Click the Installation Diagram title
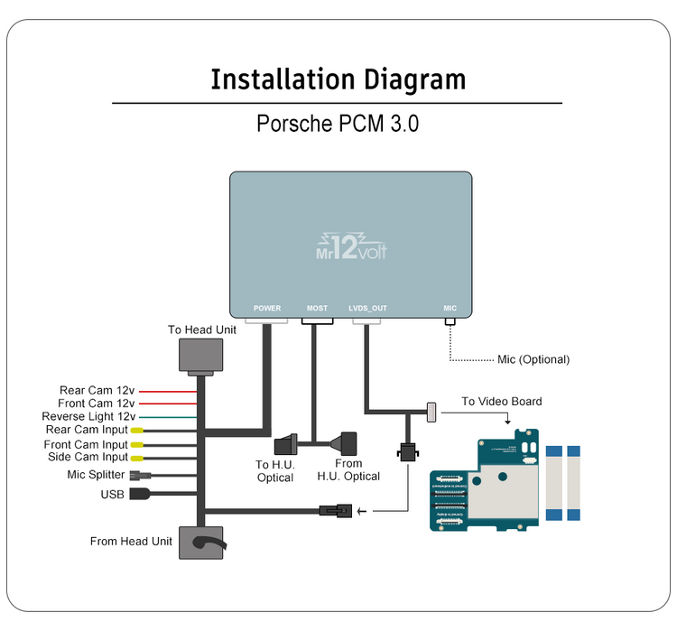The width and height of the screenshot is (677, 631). pyautogui.click(x=338, y=79)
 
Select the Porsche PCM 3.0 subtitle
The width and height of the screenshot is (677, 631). pyautogui.click(x=338, y=124)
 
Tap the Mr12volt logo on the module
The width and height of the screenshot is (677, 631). pyautogui.click(x=351, y=243)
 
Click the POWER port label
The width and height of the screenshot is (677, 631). pyautogui.click(x=267, y=309)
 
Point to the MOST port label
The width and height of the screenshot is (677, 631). pyautogui.click(x=317, y=309)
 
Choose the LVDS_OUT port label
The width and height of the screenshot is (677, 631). pyautogui.click(x=367, y=309)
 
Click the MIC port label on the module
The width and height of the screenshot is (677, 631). pyautogui.click(x=450, y=309)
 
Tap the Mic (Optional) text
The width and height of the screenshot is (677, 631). pyautogui.click(x=533, y=359)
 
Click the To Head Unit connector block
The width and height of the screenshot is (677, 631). pyautogui.click(x=202, y=356)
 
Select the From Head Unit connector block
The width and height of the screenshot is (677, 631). pyautogui.click(x=202, y=543)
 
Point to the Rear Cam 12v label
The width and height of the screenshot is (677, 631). pyautogui.click(x=97, y=391)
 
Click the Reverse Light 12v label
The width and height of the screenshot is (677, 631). pyautogui.click(x=88, y=417)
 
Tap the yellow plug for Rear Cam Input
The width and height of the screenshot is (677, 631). pyautogui.click(x=136, y=431)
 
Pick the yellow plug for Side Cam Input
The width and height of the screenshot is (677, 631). pyautogui.click(x=136, y=458)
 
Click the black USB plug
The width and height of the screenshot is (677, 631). pyautogui.click(x=141, y=494)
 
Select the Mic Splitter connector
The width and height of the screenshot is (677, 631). pyautogui.click(x=137, y=475)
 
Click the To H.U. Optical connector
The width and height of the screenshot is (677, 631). pyautogui.click(x=286, y=445)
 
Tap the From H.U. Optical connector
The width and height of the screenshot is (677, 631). pyautogui.click(x=346, y=445)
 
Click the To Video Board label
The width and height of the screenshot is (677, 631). pyautogui.click(x=502, y=402)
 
